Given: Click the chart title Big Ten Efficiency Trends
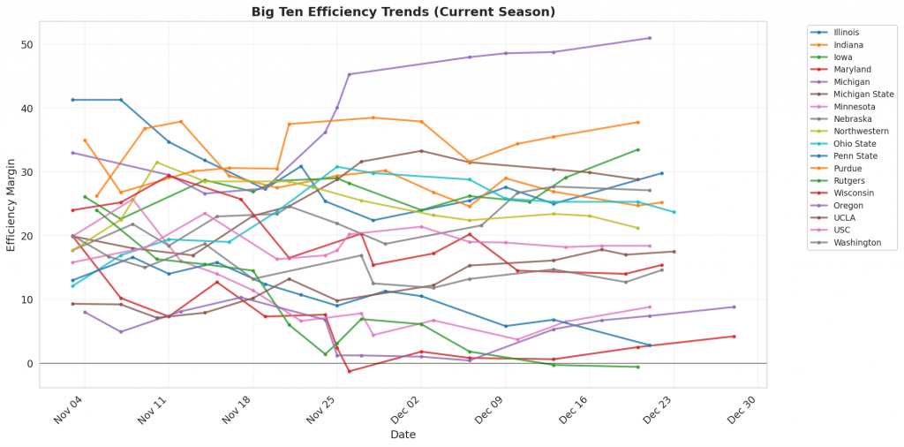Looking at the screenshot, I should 403,11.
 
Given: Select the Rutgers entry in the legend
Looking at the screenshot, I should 848,180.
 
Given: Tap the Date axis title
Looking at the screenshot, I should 403,435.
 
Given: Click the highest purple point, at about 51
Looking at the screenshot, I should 650,38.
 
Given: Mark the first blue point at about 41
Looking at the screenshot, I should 73,100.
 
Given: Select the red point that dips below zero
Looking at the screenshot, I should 350,371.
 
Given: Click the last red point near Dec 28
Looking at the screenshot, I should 734,337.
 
